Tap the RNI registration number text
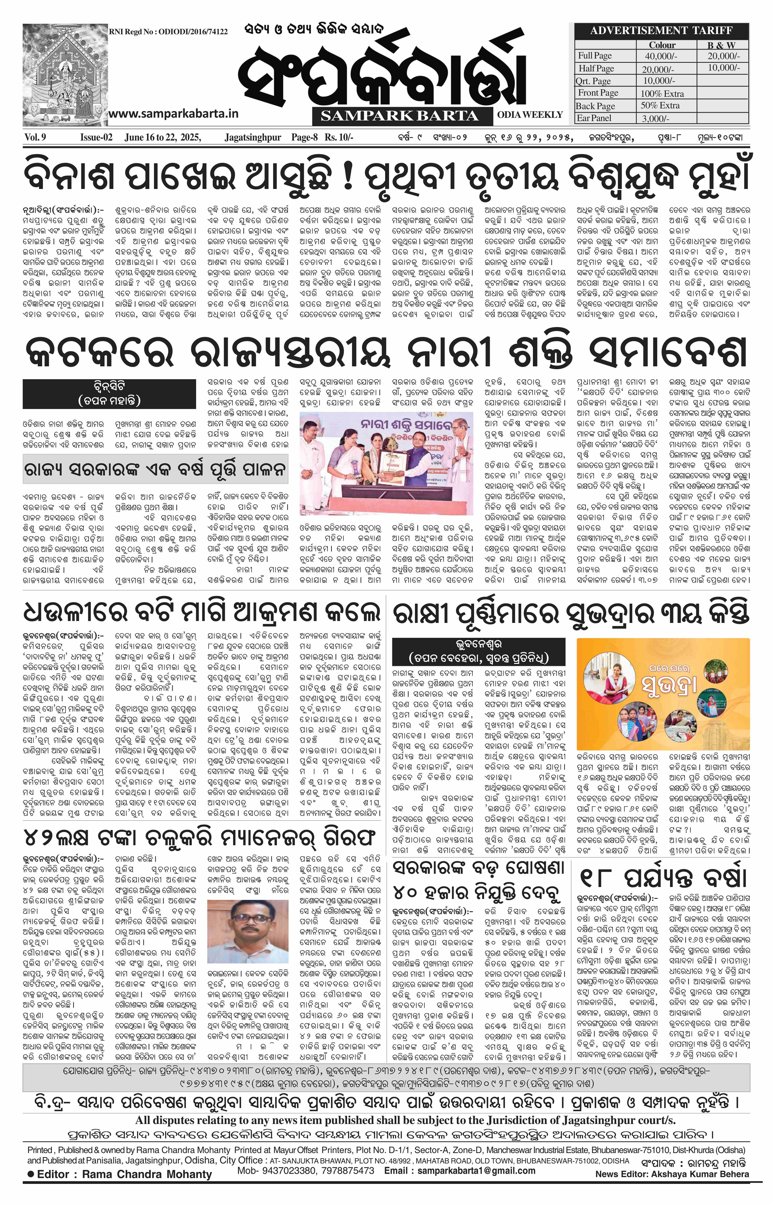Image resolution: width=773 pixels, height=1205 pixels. coord(168,32)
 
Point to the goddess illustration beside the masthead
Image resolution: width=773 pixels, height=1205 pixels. coord(64,75)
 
